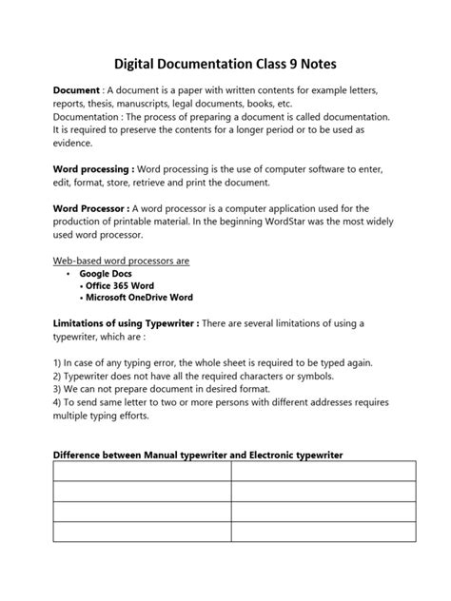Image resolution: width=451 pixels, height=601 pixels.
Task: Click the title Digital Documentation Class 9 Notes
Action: point(225,64)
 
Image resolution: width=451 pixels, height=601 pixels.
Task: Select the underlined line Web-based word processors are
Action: point(120,260)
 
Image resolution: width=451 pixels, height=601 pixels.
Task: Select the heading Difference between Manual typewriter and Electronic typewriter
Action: point(197,455)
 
